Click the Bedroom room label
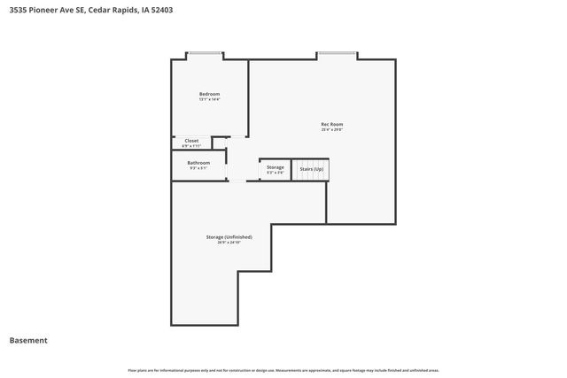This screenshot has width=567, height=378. (x=209, y=94)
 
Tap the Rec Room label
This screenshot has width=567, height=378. (x=331, y=124)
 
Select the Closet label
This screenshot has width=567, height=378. (x=191, y=141)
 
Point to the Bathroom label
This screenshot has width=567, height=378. (x=198, y=163)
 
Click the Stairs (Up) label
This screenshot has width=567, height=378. (x=311, y=168)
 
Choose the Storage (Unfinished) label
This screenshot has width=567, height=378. (x=229, y=236)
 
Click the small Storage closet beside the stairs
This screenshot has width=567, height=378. (x=276, y=166)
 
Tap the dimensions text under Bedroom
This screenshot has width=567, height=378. (x=209, y=100)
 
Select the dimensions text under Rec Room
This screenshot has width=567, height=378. (x=331, y=130)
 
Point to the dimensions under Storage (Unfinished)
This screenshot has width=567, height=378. (x=229, y=243)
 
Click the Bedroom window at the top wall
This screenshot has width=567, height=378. (x=204, y=55)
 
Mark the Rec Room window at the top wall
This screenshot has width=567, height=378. (x=337, y=55)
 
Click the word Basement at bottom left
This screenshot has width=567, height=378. (x=28, y=341)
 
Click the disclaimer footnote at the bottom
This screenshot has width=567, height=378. (x=283, y=370)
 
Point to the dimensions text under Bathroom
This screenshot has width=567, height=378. (x=198, y=169)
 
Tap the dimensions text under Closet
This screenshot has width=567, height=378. (x=191, y=146)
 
